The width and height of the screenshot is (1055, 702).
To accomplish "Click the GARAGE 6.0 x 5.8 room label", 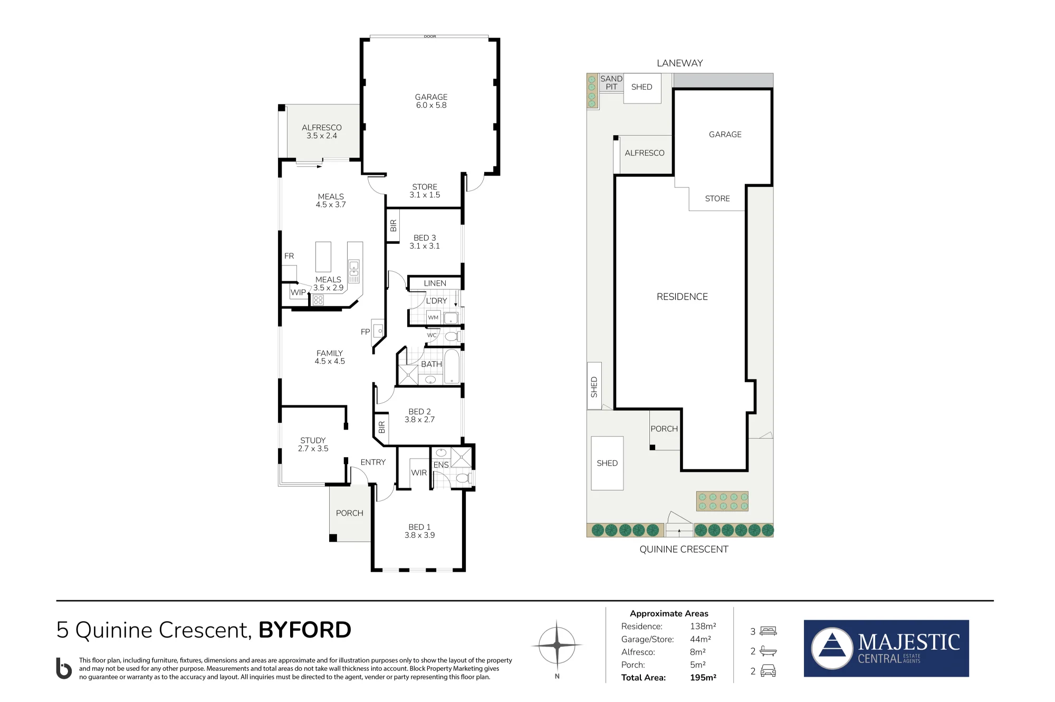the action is pos(431,101).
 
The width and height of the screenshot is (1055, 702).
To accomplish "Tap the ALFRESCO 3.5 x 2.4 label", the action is pos(322,131).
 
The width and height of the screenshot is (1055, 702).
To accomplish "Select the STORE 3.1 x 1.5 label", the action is pos(425,191).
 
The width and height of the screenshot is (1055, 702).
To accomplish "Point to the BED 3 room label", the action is pos(425,242).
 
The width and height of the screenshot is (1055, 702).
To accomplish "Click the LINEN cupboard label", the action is pos(435,283).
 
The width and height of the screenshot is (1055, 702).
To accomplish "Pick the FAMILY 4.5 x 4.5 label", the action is pos(330,357).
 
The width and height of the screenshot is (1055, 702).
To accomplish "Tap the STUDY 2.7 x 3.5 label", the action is pos(313,444).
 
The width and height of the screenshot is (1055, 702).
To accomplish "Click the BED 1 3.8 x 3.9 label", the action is pos(419,531).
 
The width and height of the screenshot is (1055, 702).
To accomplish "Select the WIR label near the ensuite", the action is pos(419,473).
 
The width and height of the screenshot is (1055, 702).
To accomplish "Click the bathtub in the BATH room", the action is pos(452,366).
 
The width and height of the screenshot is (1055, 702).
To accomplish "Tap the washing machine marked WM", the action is pos(433,317).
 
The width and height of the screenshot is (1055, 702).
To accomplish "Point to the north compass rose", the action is pos(557,645).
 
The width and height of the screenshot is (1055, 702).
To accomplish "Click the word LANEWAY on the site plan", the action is pos(679,63).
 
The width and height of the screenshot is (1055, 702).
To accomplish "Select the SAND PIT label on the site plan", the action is pos(611,83).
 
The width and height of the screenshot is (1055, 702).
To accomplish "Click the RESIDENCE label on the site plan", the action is pos(682,297).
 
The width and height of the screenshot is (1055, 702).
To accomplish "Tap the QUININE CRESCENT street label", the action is pos(684,549).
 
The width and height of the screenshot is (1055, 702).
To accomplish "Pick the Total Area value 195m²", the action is pos(703,678).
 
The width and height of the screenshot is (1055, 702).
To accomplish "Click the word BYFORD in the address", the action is pos(305,630).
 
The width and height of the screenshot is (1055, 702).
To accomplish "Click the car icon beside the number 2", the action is pos(768,671).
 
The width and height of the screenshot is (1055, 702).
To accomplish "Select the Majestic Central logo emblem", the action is pos(832,648).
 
